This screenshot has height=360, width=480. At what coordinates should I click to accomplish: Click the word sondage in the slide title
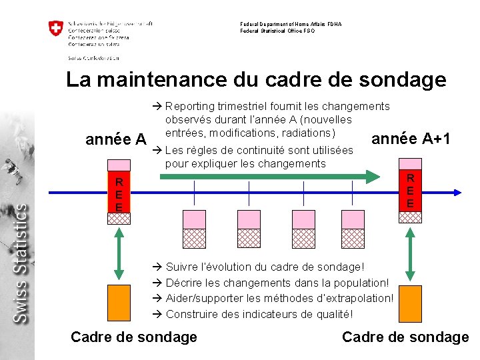coord(402,79)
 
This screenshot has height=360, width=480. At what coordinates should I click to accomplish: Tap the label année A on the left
coord(117,139)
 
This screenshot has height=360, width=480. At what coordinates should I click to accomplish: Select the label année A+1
coord(411,139)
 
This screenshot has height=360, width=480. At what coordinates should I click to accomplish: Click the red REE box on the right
coord(411,191)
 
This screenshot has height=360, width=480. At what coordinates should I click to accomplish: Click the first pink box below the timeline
coord(194,220)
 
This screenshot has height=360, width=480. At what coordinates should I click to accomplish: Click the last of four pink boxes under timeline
coord(352,220)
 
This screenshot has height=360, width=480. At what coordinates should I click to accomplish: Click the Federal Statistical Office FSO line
coord(278,31)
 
